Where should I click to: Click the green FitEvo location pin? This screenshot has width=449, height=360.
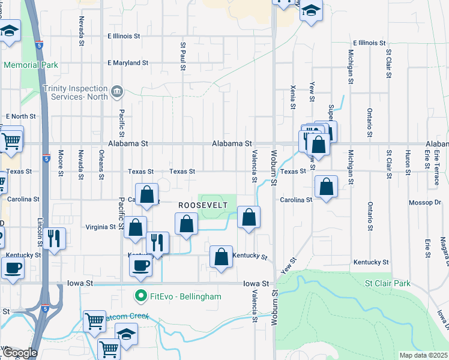[x=140, y=296]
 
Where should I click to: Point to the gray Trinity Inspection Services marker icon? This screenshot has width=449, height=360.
[x=117, y=92]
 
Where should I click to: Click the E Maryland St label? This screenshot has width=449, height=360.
[x=128, y=62]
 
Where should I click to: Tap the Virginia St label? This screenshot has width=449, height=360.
[x=101, y=227]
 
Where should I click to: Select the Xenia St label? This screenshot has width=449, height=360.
[x=293, y=96]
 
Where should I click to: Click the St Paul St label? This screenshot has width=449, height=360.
[x=182, y=56]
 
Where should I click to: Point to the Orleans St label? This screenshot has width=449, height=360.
[x=101, y=161]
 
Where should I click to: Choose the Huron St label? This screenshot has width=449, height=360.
[x=408, y=161]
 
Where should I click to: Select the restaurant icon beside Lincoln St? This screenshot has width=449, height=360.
[x=54, y=238]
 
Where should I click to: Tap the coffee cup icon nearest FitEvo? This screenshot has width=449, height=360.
[x=141, y=265]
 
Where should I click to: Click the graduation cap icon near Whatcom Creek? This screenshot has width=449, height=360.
[x=126, y=334]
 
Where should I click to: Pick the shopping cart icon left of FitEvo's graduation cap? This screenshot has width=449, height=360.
[x=95, y=321]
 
